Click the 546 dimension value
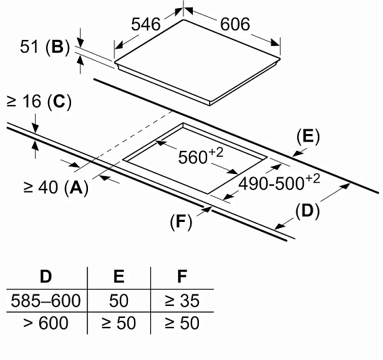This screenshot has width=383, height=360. point(145,24)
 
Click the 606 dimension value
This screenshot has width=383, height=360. point(235,24)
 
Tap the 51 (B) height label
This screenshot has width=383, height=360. point(45,47)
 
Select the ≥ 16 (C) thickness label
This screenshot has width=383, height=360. point(39,101)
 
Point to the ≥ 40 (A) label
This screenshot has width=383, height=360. point(55,187)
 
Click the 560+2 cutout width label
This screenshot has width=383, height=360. point(200,156)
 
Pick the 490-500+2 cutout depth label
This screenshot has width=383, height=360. point(279,183)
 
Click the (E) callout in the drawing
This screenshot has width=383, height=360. point(308,137)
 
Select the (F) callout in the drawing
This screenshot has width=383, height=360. point(181,222)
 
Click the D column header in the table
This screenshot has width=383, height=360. point(46,277)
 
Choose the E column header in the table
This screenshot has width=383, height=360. point(119,277)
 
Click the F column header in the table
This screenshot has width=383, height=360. point(182,277)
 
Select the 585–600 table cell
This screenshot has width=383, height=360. point(46,300)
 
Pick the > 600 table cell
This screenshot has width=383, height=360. point(46,323)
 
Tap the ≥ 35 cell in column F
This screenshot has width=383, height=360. point(182,300)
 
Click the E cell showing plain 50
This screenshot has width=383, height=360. point(118,300)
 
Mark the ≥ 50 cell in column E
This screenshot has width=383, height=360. point(118,323)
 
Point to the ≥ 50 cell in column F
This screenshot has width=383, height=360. point(182,323)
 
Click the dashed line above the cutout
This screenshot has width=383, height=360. point(125,141)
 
